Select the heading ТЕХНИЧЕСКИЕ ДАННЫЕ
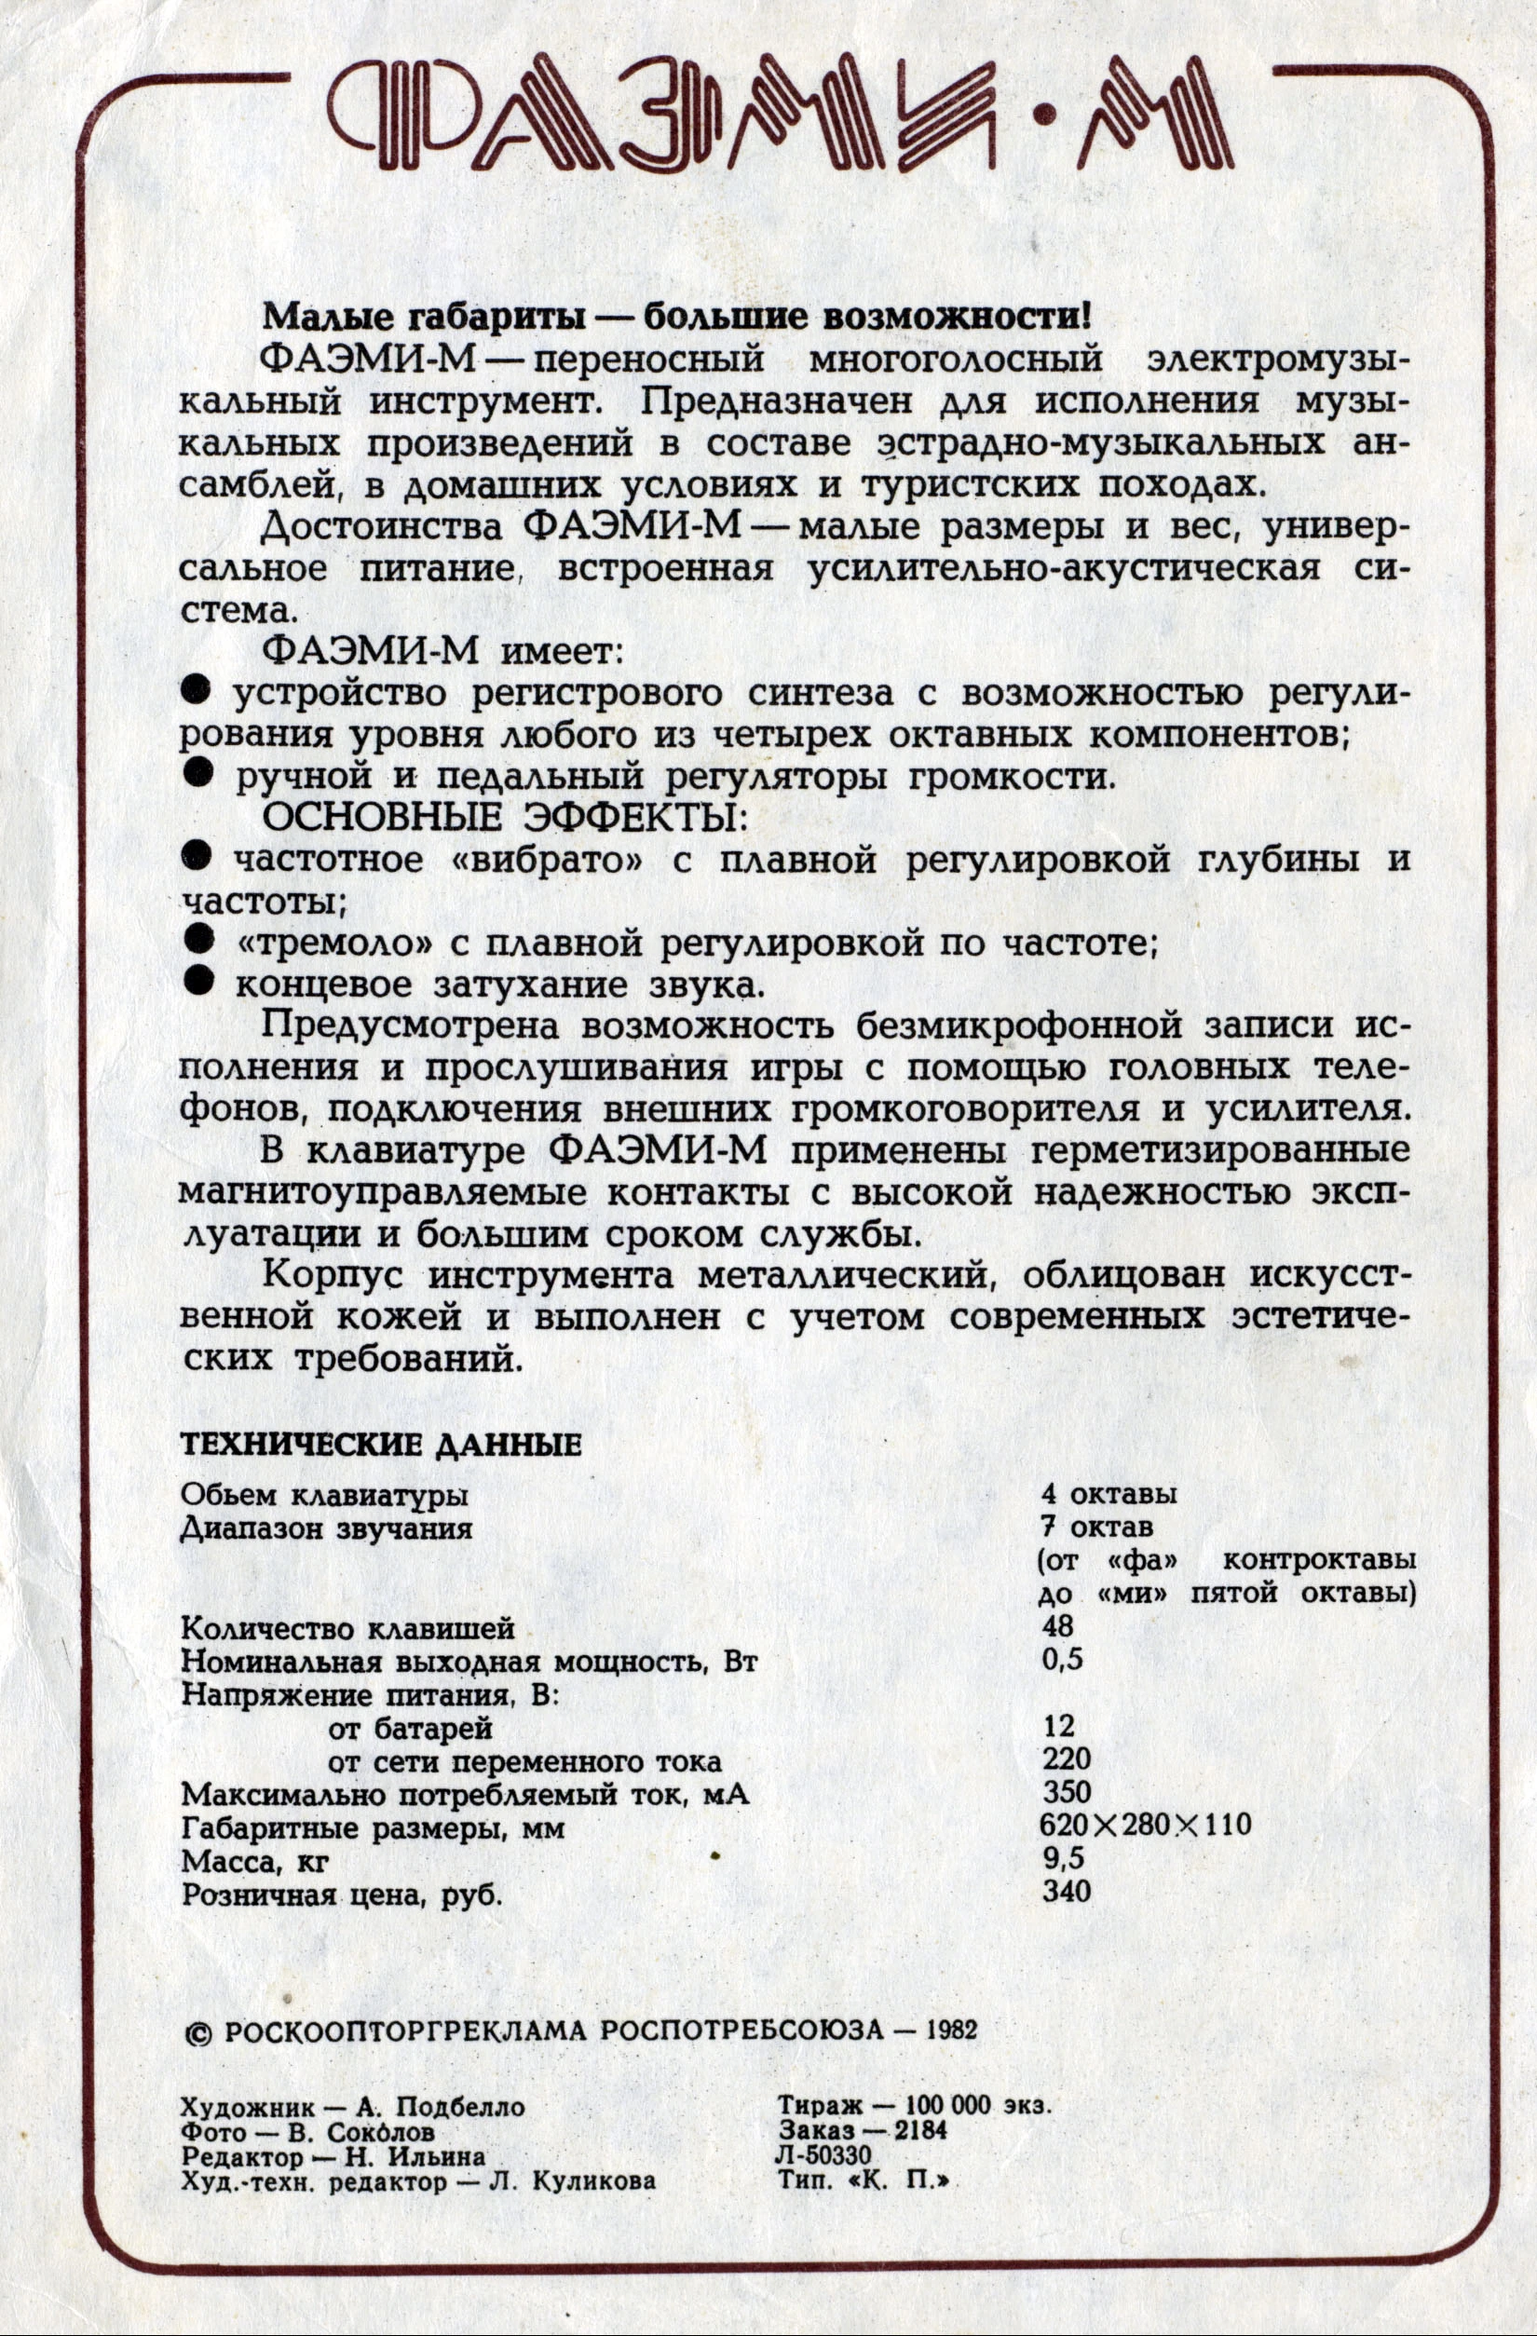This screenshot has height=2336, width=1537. pos(381,1446)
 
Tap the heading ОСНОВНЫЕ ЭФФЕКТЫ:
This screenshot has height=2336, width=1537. pos(500,817)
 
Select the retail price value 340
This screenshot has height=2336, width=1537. pos(1066,1891)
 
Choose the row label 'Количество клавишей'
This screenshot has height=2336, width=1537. pos(348,1628)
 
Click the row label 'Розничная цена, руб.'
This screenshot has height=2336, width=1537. pos(343,1893)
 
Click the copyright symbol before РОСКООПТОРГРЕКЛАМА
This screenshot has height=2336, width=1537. pos(198,2031)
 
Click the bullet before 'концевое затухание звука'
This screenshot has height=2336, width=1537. pos(199,980)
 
